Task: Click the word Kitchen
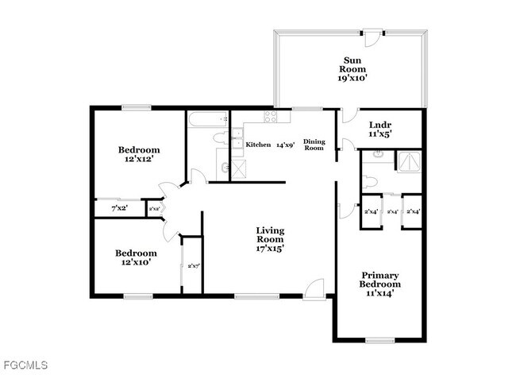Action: point(258,145)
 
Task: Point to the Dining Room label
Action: point(315,145)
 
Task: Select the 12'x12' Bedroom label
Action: point(140,154)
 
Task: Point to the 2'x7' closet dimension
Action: point(192,265)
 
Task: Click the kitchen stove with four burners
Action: point(270,118)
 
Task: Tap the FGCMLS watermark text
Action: point(25,366)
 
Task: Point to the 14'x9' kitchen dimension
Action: point(285,145)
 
